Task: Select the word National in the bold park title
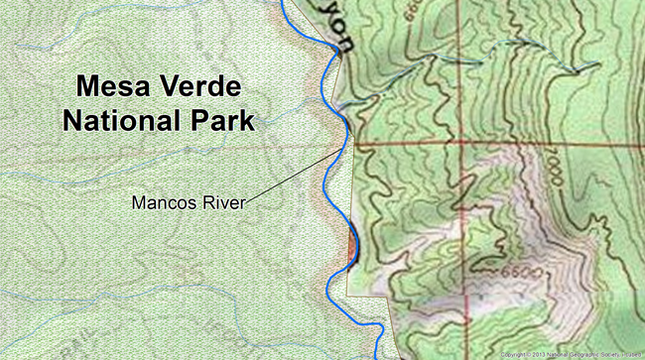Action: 119,121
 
